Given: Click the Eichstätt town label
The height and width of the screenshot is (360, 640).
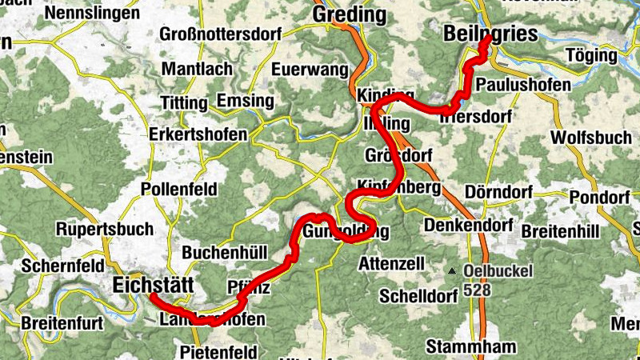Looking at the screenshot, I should coord(154,285).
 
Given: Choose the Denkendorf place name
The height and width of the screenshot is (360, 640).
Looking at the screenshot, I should coord(468,226).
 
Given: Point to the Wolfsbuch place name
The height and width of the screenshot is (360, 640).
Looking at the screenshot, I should coord(591,137).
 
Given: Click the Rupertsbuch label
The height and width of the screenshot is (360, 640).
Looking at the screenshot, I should coord(104,229).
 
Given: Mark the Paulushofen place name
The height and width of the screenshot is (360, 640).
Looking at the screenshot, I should coord(523,85).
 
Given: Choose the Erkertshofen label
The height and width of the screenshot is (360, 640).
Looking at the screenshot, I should coord(198,134).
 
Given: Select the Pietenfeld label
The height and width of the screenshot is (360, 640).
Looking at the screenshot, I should coord(218,352).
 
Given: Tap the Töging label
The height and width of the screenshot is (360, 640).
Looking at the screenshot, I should coord(591,56).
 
